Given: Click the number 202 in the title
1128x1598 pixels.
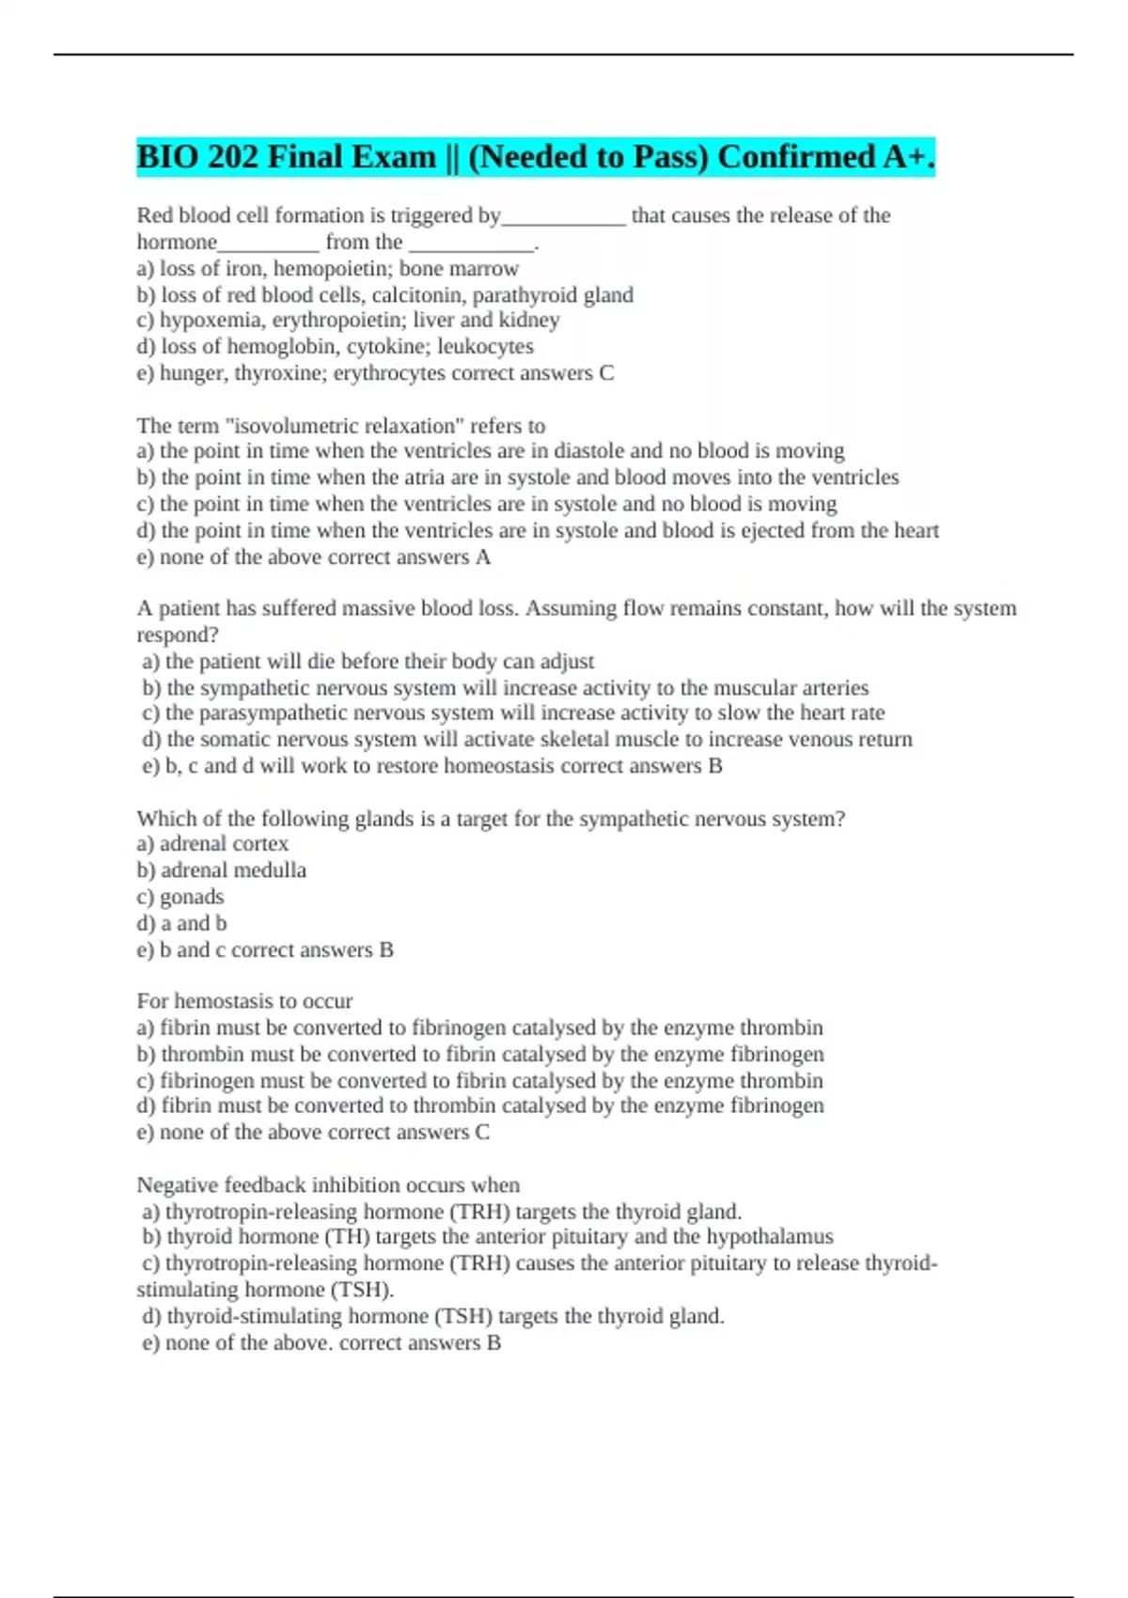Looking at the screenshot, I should point(232,157).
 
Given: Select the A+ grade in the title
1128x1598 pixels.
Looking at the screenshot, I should point(907,157).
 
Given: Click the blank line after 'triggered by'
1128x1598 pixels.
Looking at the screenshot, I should point(563,217).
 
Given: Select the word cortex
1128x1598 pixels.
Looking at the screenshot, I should point(260,844).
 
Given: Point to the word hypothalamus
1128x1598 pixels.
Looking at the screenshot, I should point(770,1237).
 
